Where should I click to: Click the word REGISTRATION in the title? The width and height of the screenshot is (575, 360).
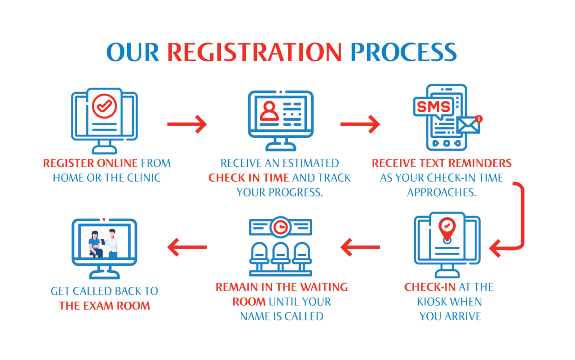[254, 52]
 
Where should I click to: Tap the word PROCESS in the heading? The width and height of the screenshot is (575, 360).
[403, 52]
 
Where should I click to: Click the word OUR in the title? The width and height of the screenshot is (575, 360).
[133, 52]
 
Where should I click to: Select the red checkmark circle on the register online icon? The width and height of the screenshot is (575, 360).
[105, 106]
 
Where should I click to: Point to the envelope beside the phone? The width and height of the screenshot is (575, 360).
[468, 125]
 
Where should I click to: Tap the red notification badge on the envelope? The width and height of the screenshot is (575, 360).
[479, 119]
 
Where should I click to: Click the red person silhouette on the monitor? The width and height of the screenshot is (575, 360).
[269, 111]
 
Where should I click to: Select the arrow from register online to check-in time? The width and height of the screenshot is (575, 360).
[187, 124]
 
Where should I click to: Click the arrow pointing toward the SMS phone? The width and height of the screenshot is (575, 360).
[360, 124]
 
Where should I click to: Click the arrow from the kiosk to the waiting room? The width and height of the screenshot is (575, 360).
[360, 247]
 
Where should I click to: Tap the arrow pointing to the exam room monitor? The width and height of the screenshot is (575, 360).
[187, 247]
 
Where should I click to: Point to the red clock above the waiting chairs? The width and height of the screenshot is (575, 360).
[281, 227]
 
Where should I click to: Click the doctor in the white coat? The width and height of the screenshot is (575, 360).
[112, 243]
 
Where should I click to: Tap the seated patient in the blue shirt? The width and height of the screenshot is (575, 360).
[95, 244]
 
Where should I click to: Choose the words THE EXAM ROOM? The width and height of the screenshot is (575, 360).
[105, 306]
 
